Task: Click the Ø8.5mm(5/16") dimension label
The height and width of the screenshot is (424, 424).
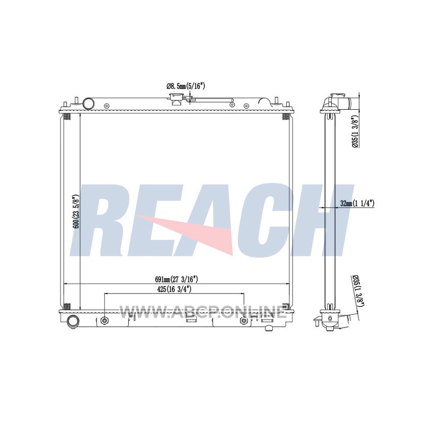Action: [186, 86]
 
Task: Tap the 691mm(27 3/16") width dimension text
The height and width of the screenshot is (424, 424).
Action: [176, 279]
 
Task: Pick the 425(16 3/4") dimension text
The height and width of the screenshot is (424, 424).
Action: [174, 289]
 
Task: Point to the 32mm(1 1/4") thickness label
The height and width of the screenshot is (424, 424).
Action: [357, 204]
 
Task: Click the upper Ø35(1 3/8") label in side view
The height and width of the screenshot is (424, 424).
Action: [356, 132]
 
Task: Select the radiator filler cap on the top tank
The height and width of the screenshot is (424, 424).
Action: [176, 99]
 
